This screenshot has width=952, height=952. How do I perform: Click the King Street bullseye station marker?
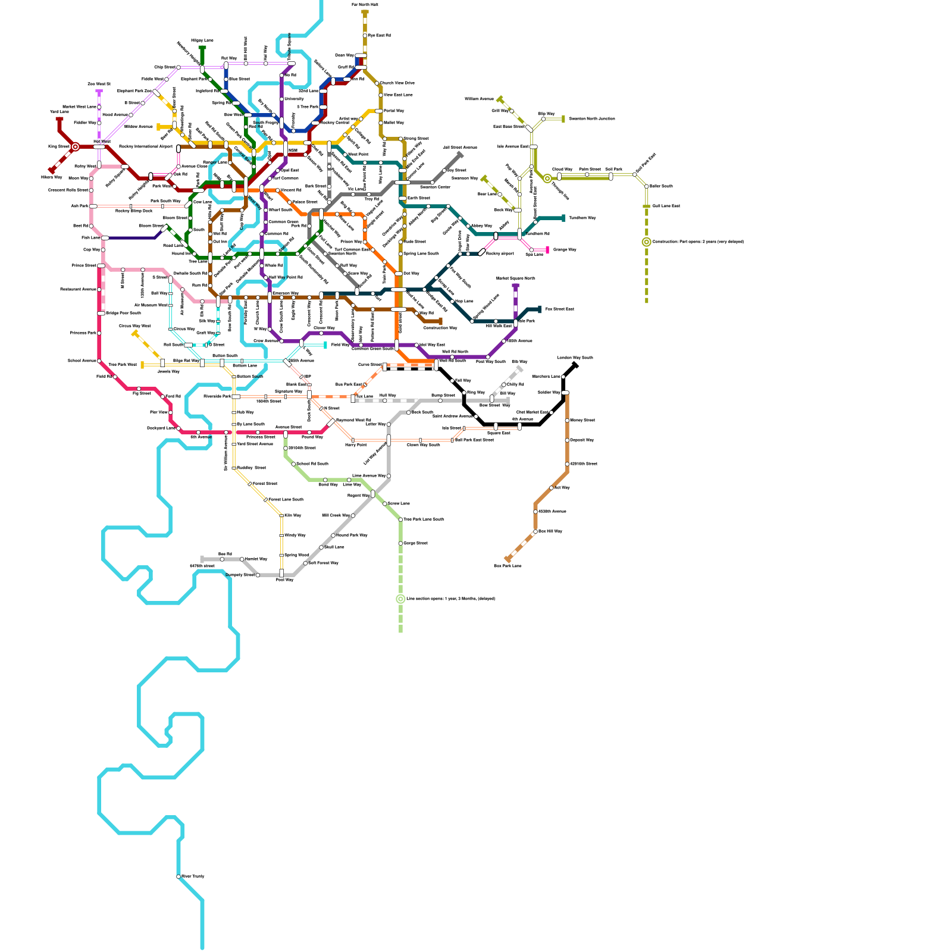coord(75,146)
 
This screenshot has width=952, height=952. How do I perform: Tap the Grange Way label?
coord(565,249)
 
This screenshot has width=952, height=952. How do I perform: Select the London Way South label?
coord(575,358)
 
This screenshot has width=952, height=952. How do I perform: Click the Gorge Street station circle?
coord(400,543)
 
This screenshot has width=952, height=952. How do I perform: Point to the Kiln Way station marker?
coord(281,515)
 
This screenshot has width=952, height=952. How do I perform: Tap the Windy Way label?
coord(295,535)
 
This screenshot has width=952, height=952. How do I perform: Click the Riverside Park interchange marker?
coord(236,396)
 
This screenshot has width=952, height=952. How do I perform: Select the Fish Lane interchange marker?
coord(105,238)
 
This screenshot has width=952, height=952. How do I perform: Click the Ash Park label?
coord(80,206)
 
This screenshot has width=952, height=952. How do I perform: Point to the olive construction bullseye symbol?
coord(647,242)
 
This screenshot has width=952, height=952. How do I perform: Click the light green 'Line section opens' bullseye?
coord(400,599)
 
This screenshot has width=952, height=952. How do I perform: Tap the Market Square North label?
coord(515,278)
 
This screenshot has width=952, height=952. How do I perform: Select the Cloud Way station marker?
coord(559,176)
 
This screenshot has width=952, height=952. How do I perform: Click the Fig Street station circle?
coord(139,389)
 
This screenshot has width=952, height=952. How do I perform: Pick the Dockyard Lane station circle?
coord(178,428)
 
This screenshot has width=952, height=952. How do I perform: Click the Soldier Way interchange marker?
coord(565,393)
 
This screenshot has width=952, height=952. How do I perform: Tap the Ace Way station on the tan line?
coord(551,488)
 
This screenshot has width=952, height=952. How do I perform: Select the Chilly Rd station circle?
coord(503,385)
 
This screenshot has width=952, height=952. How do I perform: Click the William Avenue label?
coord(479,99)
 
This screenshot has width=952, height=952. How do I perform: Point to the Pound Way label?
coord(312,437)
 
